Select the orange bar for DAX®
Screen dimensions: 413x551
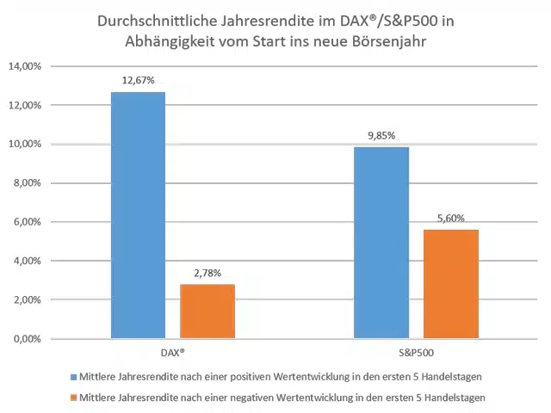point(207,311)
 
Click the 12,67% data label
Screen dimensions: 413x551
point(138,81)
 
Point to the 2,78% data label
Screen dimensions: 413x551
point(207,274)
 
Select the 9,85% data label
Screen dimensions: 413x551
point(381,136)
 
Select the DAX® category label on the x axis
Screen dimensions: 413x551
point(172,354)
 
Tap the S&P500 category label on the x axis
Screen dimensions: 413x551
point(416,354)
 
